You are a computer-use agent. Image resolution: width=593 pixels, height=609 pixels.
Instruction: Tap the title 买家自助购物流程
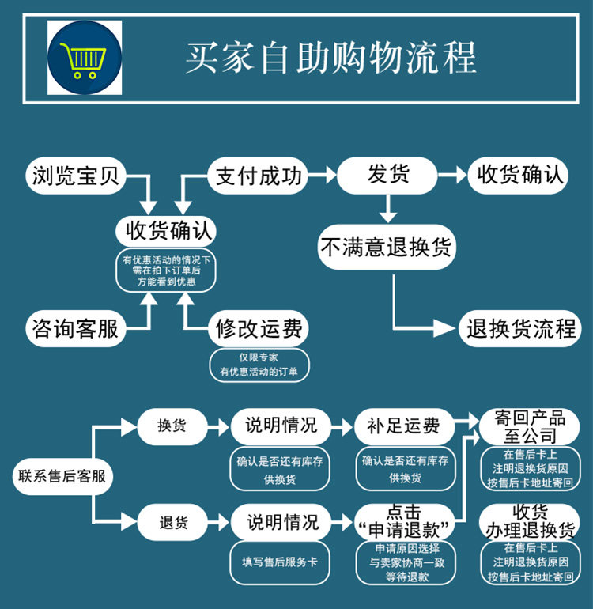(330, 58)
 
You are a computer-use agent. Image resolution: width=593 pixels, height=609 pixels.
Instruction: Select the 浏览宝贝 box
(76, 176)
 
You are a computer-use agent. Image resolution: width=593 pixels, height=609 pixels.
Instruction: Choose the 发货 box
(387, 175)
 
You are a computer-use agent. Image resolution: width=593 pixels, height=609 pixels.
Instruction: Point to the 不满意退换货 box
(387, 248)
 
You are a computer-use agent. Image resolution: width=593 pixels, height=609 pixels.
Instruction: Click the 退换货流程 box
(521, 327)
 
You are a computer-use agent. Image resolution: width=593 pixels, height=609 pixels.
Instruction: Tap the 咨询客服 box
(76, 327)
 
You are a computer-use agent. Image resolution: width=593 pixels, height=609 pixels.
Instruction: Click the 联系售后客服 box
(62, 476)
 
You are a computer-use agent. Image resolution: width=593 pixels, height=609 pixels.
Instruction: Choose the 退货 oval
(172, 522)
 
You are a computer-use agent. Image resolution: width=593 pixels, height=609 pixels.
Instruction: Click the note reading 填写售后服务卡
(281, 562)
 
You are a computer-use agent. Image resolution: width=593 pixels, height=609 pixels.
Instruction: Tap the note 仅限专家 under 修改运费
(259, 357)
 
